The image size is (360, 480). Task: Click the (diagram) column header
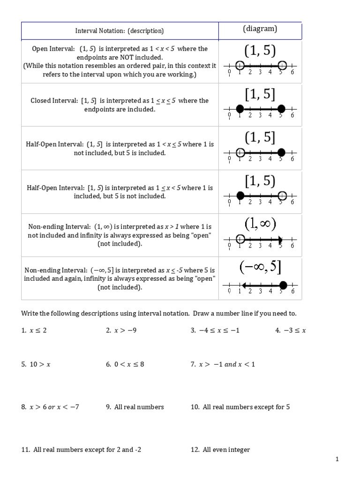point(260,29)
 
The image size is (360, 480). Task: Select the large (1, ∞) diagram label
point(260,224)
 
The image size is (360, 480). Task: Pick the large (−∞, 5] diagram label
point(260,267)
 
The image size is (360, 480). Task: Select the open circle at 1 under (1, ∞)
point(240,239)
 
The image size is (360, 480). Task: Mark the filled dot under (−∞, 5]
point(283,285)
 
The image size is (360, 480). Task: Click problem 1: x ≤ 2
point(34,330)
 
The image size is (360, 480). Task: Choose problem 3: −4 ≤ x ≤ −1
point(215,330)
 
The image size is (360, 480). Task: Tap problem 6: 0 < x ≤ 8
point(125,364)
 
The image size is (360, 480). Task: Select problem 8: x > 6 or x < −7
point(50,407)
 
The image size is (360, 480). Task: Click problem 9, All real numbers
point(135,407)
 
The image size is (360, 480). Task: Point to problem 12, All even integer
point(220,450)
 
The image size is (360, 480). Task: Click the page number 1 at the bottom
point(337,460)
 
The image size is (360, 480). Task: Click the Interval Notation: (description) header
point(120,31)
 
